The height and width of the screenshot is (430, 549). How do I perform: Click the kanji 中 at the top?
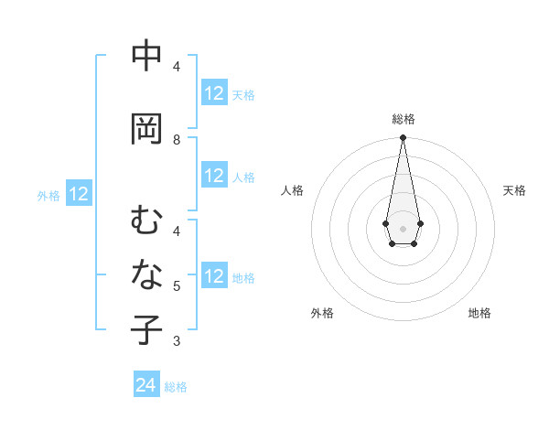(146, 57)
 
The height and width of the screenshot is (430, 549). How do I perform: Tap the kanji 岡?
(146, 129)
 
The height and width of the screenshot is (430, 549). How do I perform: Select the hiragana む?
(146, 220)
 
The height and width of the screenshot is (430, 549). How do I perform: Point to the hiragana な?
(146, 274)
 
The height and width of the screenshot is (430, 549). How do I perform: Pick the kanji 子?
(146, 330)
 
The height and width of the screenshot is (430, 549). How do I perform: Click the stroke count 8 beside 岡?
(177, 140)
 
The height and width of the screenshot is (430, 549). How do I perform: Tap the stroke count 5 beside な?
(177, 286)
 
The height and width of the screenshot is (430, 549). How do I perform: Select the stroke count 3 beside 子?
(177, 341)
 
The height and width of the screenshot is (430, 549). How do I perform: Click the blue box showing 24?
(146, 386)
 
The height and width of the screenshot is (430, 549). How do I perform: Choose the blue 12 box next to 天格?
(214, 93)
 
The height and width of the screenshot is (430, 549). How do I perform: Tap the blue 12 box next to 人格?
(214, 176)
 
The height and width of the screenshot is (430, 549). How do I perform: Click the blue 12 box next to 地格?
(214, 276)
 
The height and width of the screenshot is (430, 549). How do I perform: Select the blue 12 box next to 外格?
(79, 194)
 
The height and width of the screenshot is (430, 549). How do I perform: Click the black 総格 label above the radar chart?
(403, 119)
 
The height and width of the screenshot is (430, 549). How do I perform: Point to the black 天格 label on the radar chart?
(514, 190)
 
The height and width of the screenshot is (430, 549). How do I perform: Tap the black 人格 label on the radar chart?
(292, 190)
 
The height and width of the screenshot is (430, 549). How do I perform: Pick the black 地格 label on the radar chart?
(479, 313)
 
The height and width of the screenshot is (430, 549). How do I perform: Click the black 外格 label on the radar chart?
(322, 313)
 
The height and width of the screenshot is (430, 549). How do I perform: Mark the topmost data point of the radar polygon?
(403, 138)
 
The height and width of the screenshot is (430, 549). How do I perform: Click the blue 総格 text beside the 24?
(176, 387)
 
